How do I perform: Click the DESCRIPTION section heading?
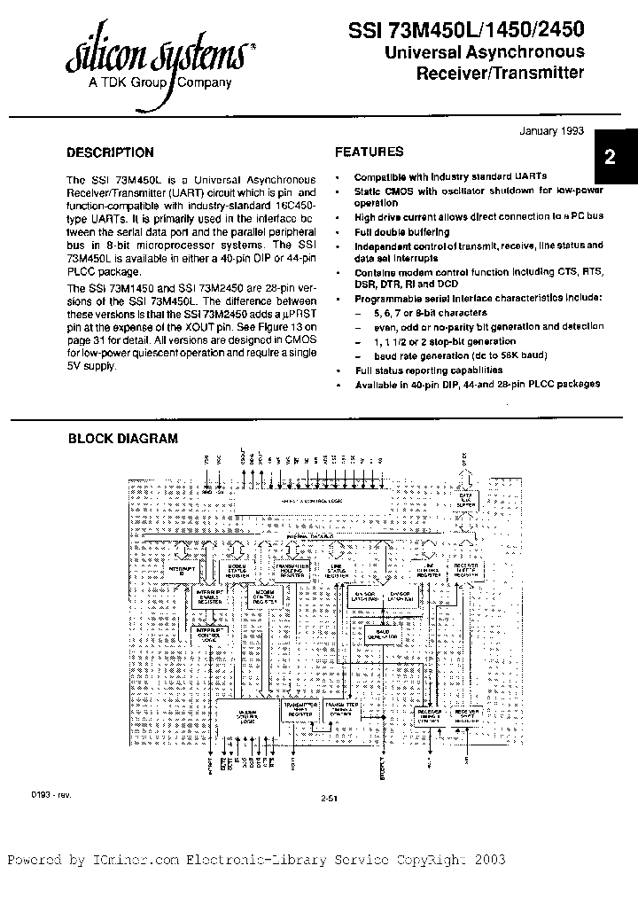(x=111, y=152)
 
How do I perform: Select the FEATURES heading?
(x=370, y=152)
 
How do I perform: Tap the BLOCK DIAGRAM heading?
(x=123, y=438)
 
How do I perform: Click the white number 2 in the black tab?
(x=610, y=159)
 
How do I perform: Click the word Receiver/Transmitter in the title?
(x=500, y=73)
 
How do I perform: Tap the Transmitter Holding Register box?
(x=292, y=570)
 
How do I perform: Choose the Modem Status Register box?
(x=237, y=571)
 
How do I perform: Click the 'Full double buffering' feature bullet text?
(x=401, y=232)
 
